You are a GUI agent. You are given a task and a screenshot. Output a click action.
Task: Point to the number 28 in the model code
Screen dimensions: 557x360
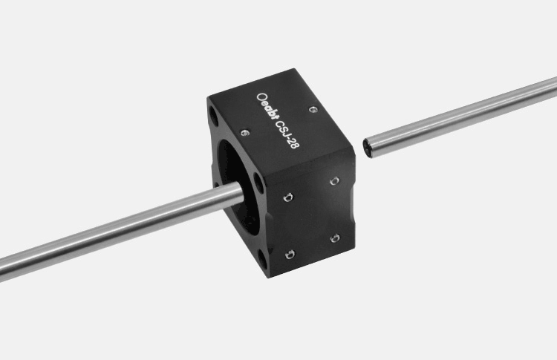[x=295, y=143]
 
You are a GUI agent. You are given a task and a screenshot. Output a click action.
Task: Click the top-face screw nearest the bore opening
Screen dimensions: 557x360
[x=244, y=133]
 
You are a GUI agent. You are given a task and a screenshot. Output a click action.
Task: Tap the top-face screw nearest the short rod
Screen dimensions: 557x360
[x=313, y=109]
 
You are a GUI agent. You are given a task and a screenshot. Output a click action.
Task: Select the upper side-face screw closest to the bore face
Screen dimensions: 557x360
[x=288, y=197]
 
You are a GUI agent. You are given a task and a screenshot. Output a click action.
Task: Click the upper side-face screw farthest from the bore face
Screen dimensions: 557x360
[x=334, y=181]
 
